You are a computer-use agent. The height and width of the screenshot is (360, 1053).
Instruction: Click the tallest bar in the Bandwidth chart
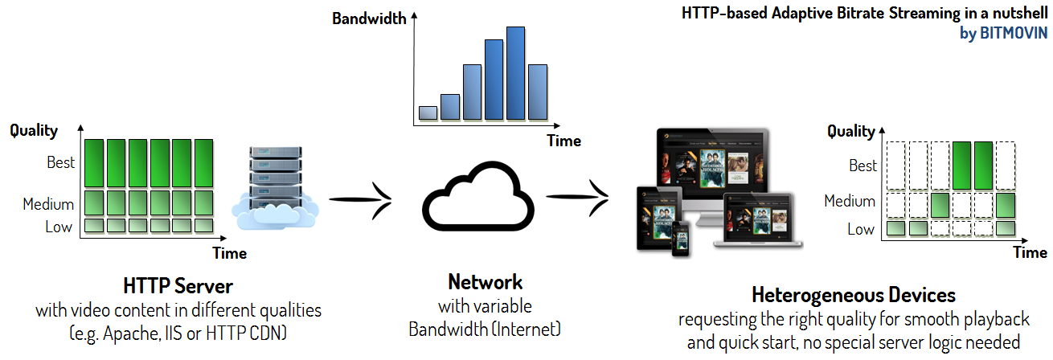pos(515,74)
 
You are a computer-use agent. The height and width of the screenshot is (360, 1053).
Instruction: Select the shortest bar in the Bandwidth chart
pos(428,112)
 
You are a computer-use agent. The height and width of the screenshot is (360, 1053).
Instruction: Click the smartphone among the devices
pos(682,239)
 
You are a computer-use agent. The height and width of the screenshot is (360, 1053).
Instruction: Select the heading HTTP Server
pos(178,286)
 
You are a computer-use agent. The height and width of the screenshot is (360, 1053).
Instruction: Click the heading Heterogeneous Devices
pos(853,294)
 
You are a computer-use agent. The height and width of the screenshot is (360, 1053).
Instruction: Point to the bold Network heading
pos(485,282)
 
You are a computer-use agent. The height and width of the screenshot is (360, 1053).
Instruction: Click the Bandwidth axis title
pos(369,18)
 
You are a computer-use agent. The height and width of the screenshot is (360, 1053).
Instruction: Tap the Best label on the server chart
pos(60,162)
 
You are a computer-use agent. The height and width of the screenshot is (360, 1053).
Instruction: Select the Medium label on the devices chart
pos(849,201)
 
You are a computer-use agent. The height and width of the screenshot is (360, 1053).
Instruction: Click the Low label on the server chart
pos(59,227)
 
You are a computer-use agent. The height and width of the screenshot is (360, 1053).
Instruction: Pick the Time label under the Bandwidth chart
pos(563,141)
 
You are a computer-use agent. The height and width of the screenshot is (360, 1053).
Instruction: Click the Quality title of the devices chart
pos(850,131)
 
